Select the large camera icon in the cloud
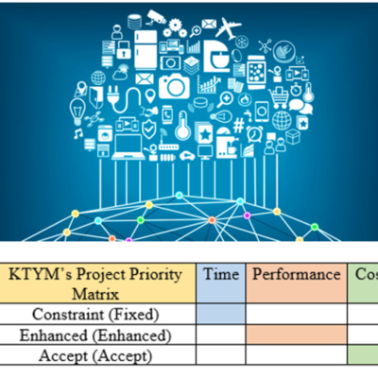click(x=174, y=87)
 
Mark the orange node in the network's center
click(x=212, y=220)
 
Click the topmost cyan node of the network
click(x=180, y=196)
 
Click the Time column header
click(x=221, y=274)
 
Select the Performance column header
click(x=296, y=275)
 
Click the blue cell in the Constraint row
click(x=221, y=315)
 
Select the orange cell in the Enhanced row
click(x=296, y=335)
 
